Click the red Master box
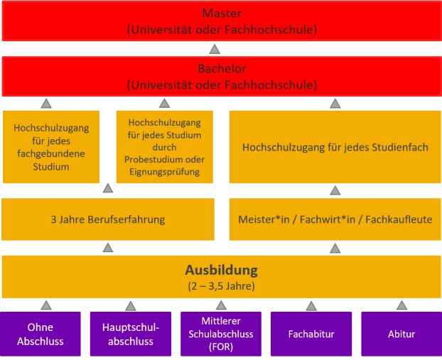point(221,21)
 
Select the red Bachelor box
point(221,77)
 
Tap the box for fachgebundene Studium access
point(50,147)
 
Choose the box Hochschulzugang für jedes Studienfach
point(335,147)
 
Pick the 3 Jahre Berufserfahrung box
point(108,219)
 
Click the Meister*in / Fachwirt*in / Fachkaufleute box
point(335,219)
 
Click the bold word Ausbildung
point(221,271)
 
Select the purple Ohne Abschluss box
point(45,334)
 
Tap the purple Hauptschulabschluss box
point(131,334)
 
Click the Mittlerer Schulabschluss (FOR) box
point(221,334)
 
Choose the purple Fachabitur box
point(311,334)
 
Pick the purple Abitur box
point(401,334)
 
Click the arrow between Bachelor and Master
point(215,49)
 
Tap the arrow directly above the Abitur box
point(401,305)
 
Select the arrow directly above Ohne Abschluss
point(46,305)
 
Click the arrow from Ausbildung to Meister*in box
point(335,248)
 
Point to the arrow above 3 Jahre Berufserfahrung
point(108,189)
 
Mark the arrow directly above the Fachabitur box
point(311,305)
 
